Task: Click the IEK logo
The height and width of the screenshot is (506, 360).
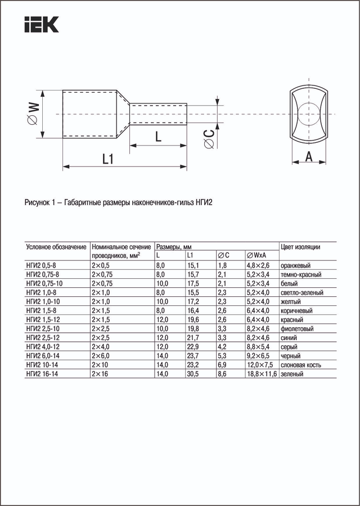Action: pyautogui.click(x=41, y=25)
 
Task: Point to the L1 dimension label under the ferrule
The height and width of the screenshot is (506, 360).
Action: pyautogui.click(x=108, y=160)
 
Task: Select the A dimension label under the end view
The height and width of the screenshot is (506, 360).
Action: pyautogui.click(x=308, y=157)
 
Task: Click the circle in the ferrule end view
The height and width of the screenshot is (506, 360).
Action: pyautogui.click(x=308, y=114)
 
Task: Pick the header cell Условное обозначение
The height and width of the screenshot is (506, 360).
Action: pyautogui.click(x=56, y=247)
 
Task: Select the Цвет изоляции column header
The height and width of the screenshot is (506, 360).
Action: pyautogui.click(x=300, y=247)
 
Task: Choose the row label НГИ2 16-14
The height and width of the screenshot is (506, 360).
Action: pyautogui.click(x=44, y=374)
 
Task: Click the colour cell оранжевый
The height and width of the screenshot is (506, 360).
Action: pyautogui.click(x=296, y=265)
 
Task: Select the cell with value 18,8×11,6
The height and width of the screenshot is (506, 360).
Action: pyautogui.click(x=262, y=374)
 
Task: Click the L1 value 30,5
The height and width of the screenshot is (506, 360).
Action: pyautogui.click(x=193, y=374)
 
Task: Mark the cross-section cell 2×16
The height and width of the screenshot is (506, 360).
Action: pyautogui.click(x=99, y=374)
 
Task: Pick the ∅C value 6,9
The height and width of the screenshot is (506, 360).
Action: pyautogui.click(x=222, y=365)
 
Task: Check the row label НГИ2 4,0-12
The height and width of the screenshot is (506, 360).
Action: pyautogui.click(x=44, y=347)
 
